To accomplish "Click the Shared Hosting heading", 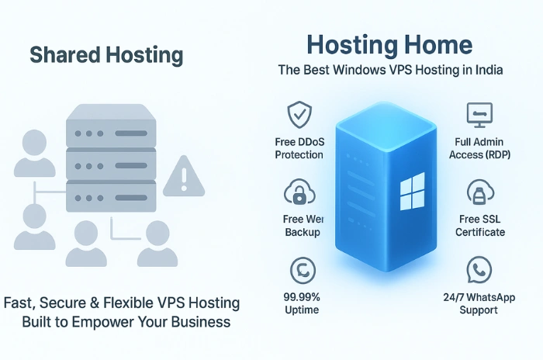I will coord(106,55).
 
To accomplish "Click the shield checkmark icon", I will coord(299,116).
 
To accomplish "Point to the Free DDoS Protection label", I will coord(299,148).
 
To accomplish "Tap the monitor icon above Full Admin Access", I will coord(476,116).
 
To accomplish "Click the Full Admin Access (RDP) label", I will coord(476,148).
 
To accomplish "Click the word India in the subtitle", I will coord(488,71).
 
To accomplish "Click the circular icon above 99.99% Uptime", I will coord(299,271).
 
